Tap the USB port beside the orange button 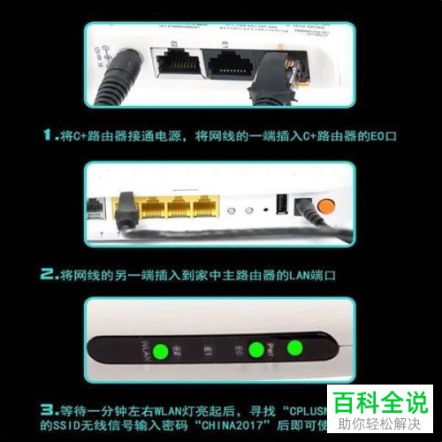pyautogui.click(x=282, y=204)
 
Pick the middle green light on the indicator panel pyautogui.click(x=256, y=350)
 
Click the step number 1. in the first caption pyautogui.click(x=50, y=135)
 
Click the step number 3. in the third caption pyautogui.click(x=50, y=410)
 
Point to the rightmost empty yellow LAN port pyautogui.click(x=207, y=210)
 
